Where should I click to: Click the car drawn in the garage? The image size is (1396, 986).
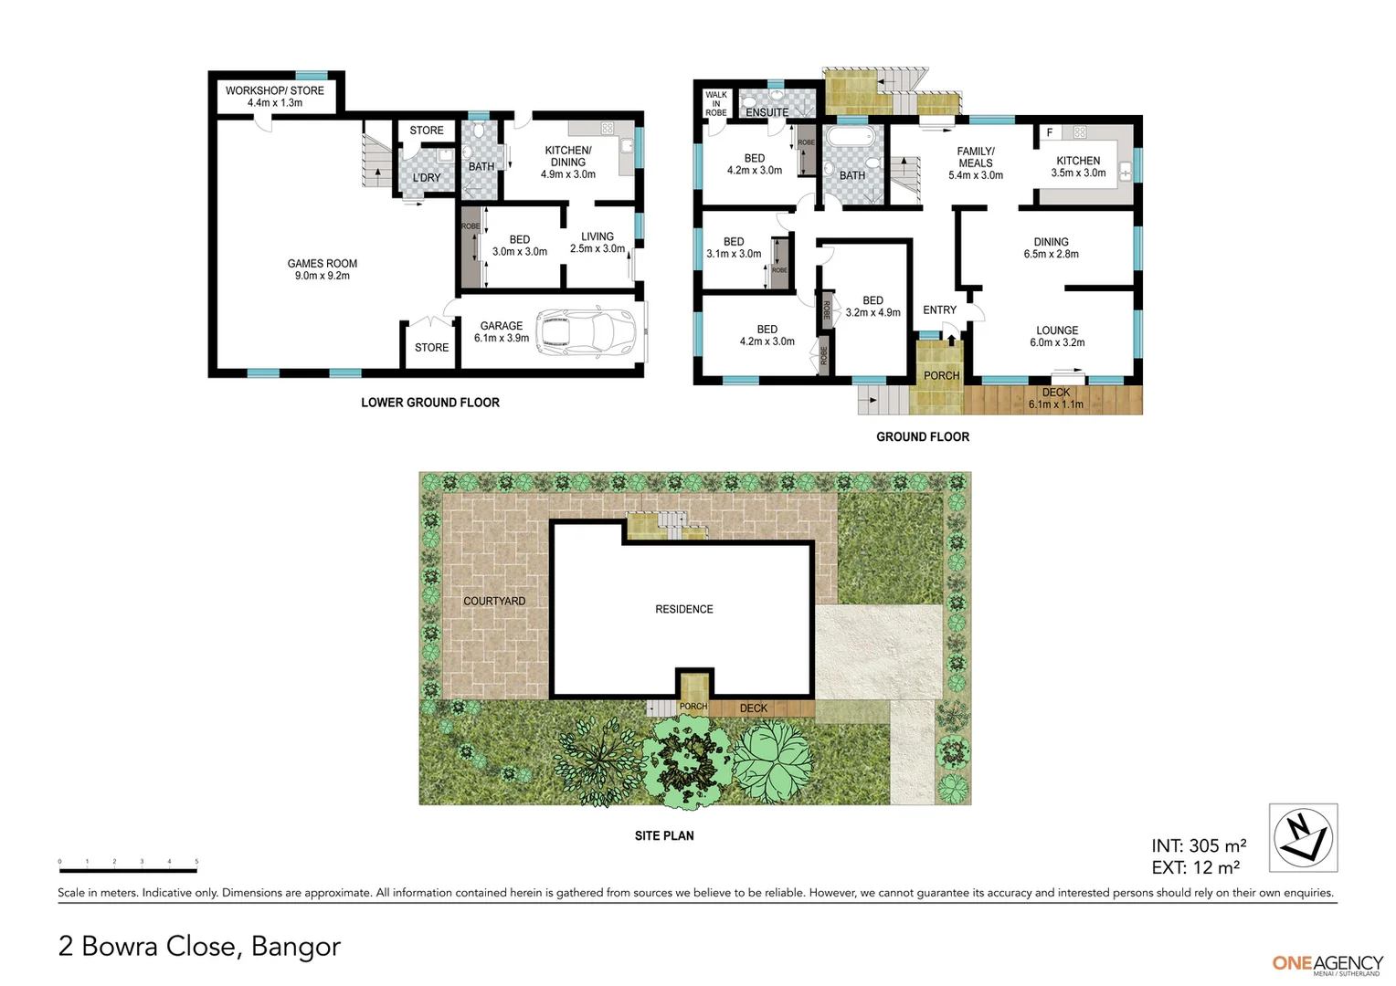[x=586, y=331]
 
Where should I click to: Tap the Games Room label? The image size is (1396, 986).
[x=323, y=269]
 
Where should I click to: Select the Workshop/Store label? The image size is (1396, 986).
[x=275, y=97]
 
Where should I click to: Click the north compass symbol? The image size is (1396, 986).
[x=1303, y=838]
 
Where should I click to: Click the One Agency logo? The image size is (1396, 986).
[x=1327, y=964]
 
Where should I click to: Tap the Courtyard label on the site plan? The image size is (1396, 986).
[x=494, y=601]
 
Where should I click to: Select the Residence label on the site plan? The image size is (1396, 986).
[x=683, y=609]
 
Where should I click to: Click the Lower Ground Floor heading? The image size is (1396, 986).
[x=430, y=403]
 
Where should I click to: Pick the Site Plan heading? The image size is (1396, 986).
[x=664, y=835]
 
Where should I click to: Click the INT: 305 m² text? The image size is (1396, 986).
[x=1199, y=846]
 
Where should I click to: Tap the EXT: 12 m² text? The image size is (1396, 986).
[x=1196, y=868]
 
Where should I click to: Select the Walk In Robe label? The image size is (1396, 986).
[x=716, y=103]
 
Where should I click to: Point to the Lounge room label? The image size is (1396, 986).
[x=1057, y=336]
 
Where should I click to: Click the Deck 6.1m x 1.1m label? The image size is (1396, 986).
[x=1056, y=398]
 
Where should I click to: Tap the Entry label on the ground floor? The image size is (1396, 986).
[x=939, y=310]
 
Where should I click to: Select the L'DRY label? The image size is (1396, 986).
[x=427, y=177]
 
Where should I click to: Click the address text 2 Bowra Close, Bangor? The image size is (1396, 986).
[x=199, y=946]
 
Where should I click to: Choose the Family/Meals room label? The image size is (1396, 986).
[x=976, y=163]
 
